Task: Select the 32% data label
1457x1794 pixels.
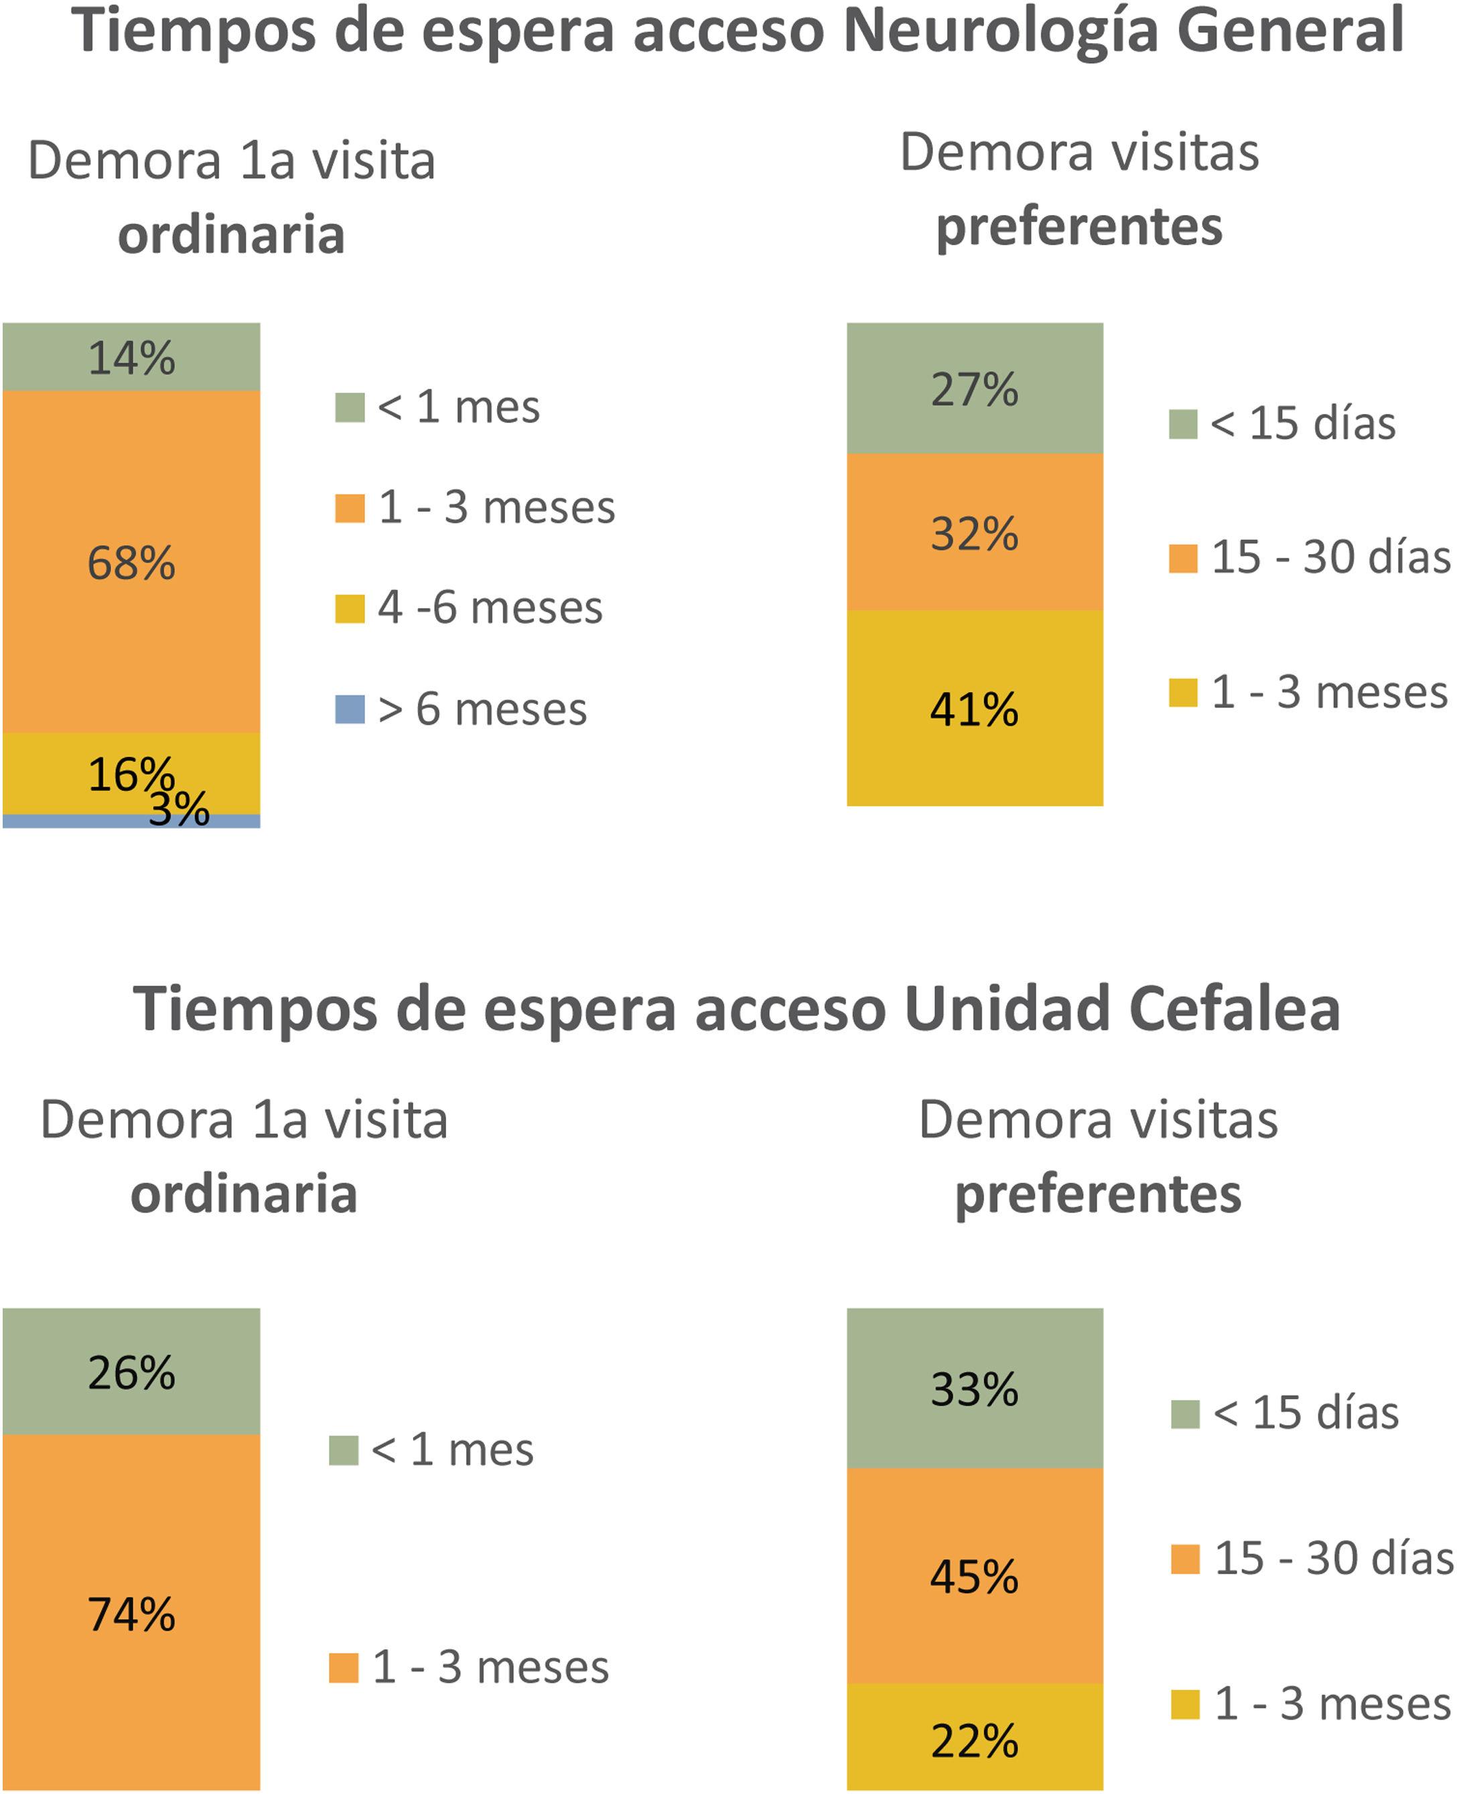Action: tap(975, 534)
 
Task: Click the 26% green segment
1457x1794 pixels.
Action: tap(131, 1373)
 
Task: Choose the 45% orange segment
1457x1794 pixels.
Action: tap(975, 1578)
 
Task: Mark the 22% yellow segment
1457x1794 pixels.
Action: tap(975, 1741)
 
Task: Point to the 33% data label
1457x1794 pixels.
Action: tap(975, 1389)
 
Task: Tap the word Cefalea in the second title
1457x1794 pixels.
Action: tap(1235, 1009)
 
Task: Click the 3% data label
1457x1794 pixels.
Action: tap(179, 810)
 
